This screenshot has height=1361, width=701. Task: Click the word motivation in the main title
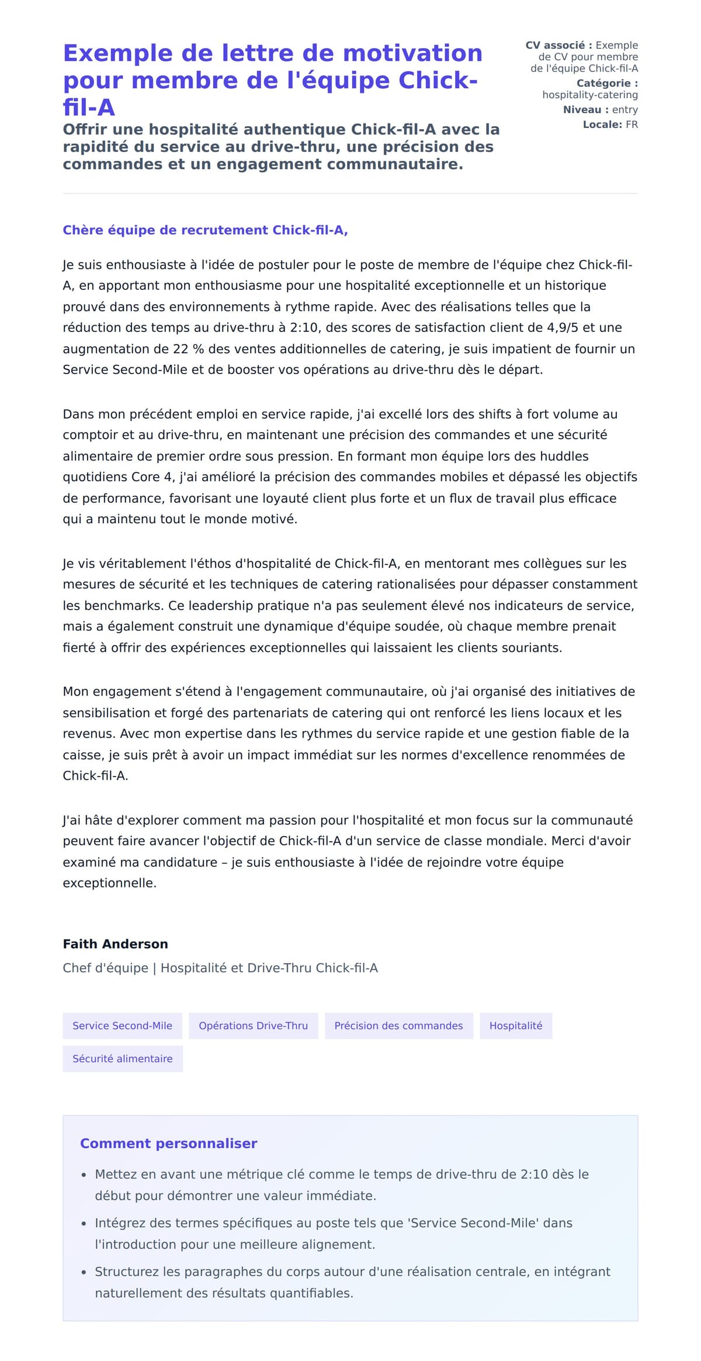tap(412, 53)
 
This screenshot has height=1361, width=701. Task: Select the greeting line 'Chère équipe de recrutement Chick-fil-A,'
tap(205, 230)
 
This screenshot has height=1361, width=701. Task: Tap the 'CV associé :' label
tap(558, 45)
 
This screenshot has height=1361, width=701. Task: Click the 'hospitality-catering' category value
tap(589, 95)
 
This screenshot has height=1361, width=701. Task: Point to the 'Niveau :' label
tap(585, 109)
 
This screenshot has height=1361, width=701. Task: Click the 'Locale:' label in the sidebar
tap(602, 125)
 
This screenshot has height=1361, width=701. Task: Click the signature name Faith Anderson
tap(115, 944)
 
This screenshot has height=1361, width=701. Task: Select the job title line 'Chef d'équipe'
tap(105, 968)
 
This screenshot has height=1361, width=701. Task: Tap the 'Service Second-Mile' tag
tap(122, 1025)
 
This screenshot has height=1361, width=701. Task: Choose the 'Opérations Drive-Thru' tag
tap(253, 1025)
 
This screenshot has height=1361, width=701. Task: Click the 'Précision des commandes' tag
tap(398, 1025)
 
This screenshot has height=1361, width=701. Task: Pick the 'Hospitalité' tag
tap(516, 1025)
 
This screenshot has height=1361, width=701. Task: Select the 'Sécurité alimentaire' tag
tap(122, 1058)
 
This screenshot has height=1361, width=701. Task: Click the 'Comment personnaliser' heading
tap(168, 1143)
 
